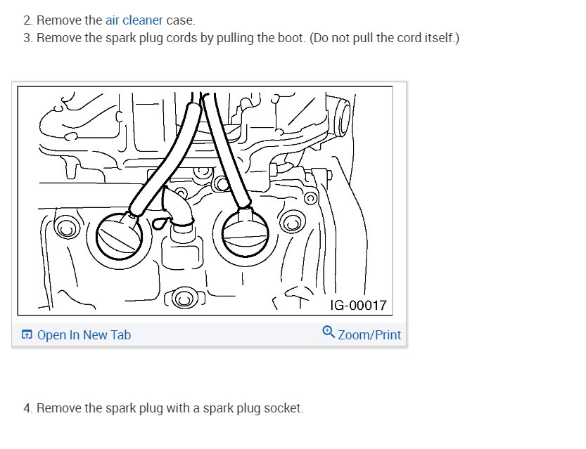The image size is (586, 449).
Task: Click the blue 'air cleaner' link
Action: [x=134, y=20]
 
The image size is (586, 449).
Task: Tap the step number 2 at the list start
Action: [x=27, y=20]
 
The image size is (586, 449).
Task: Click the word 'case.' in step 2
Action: [x=181, y=20]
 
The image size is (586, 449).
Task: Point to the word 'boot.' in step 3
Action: [x=291, y=37]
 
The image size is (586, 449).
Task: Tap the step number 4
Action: [x=27, y=408]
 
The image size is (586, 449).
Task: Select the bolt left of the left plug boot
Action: [x=65, y=229]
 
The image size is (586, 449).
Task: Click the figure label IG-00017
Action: [x=358, y=305]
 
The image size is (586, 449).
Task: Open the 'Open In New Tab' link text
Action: [x=84, y=335]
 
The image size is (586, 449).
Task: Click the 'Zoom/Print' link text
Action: [x=369, y=335]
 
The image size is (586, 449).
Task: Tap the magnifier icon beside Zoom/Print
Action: [x=329, y=332]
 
